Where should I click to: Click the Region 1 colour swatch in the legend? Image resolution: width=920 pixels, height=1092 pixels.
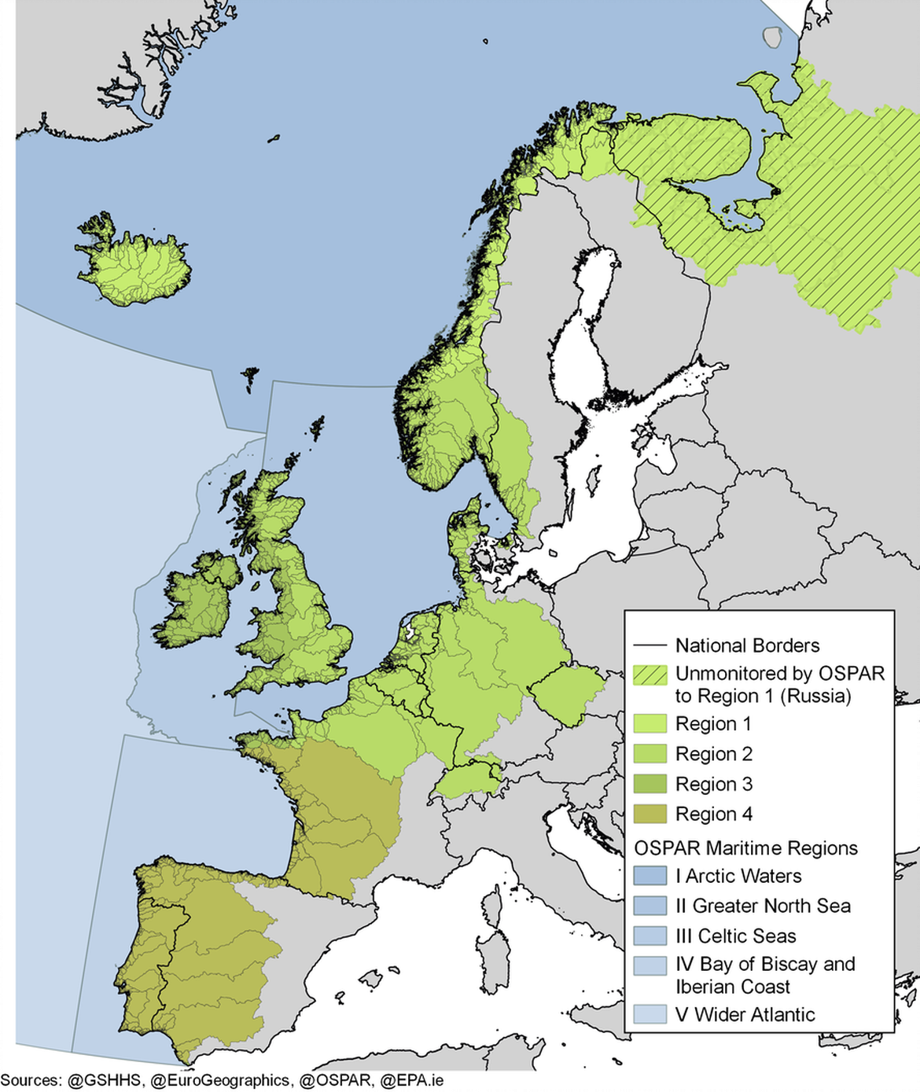(650, 723)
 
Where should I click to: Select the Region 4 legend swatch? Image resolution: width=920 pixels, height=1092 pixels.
(650, 814)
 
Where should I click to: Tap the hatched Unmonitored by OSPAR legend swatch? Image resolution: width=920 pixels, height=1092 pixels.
(650, 675)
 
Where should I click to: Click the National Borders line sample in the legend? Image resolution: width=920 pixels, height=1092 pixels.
(650, 645)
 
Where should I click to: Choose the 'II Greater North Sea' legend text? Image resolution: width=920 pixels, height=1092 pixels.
(763, 906)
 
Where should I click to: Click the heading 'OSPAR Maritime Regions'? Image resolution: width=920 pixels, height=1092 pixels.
(745, 847)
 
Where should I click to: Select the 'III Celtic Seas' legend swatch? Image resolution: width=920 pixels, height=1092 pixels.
(650, 936)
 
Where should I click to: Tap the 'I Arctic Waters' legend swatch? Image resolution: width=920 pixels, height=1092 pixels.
(650, 876)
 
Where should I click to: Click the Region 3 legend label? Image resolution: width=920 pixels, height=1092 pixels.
(714, 784)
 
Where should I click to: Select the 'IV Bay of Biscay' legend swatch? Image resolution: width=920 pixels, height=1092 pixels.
(650, 965)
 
